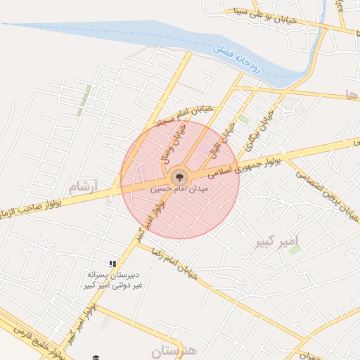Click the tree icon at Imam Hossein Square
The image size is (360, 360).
pyautogui.click(x=178, y=176)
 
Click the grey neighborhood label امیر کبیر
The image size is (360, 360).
pyautogui.click(x=284, y=243)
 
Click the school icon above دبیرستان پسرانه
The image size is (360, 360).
pyautogui.click(x=112, y=264)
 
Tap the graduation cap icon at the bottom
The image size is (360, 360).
pyautogui.click(x=96, y=358)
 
